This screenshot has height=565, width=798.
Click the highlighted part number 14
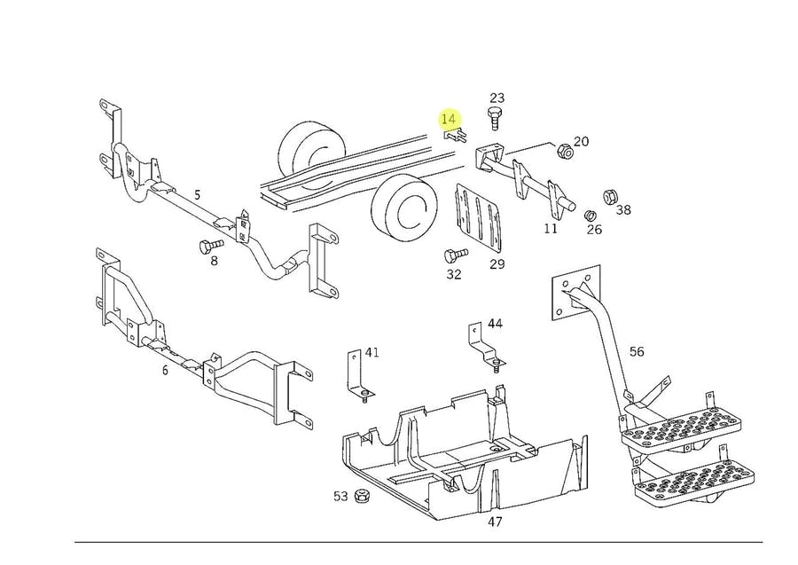point(449,119)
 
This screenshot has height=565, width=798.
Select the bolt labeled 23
point(494,118)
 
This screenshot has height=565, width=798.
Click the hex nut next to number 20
point(565,150)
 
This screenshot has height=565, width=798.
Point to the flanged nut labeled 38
point(610,197)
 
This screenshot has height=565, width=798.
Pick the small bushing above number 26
point(591,214)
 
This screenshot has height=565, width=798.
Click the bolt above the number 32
point(456,255)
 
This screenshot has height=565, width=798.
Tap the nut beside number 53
point(361,495)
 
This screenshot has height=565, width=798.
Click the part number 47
point(495,522)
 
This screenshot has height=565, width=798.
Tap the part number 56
point(637,352)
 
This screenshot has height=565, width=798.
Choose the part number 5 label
point(198,194)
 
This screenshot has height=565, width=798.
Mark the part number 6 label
point(165,371)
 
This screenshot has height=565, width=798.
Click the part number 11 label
point(551,229)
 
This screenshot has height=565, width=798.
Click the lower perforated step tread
point(693,481)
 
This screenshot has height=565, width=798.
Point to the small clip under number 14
point(456,136)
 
